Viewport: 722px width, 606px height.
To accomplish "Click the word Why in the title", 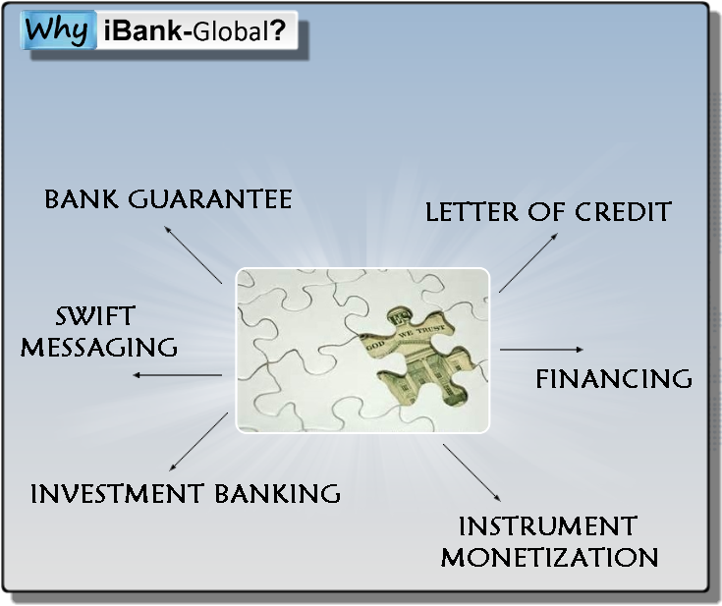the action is coord(56,30).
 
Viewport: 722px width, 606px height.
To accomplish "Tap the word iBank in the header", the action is coord(143,30).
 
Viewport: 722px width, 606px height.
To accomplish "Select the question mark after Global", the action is coord(278,30).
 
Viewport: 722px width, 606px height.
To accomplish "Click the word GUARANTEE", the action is coord(210,199).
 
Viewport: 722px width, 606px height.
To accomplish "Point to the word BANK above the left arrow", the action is coord(81,199).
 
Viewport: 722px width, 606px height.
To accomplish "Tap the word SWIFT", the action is coord(95,316).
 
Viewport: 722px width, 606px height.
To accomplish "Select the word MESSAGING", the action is coord(99,348).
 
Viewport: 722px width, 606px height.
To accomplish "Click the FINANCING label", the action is coord(614,379).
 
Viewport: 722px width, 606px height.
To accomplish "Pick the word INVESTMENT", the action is coord(117,493).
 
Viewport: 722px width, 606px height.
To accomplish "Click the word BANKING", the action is coord(278,493).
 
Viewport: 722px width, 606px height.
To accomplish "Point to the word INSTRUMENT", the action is coord(548,525).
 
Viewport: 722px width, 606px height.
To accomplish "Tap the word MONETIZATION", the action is coord(550,557).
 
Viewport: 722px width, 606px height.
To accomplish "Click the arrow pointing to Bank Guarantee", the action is coord(194,254).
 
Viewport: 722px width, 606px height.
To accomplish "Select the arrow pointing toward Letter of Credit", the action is coord(528,262).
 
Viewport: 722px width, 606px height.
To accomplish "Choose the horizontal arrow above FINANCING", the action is coord(541,350).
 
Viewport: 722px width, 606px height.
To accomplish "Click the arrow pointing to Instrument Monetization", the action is coord(472,472).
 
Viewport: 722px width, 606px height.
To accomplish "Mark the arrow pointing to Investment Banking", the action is coord(198,442).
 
